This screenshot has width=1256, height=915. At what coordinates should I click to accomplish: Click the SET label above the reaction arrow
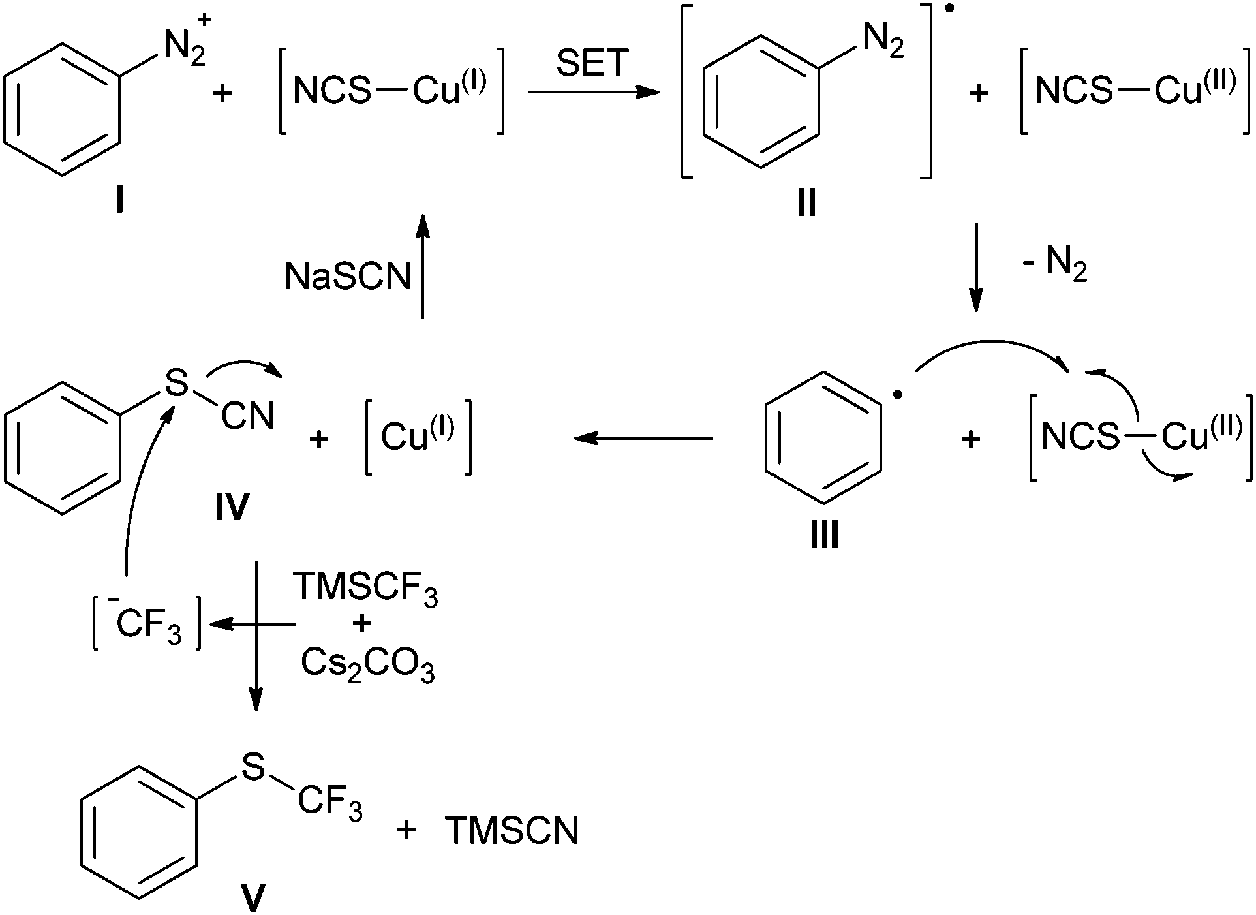tap(592, 63)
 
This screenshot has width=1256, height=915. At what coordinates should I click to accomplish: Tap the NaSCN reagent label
tap(348, 277)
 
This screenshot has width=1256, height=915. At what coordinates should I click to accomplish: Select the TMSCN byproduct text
tap(512, 831)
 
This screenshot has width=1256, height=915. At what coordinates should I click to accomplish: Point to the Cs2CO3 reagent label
tap(367, 666)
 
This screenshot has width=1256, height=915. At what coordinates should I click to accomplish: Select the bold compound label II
tap(806, 204)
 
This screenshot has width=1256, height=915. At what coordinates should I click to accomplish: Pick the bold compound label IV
tap(232, 507)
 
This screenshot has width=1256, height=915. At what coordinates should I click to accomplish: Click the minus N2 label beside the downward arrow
tap(1054, 266)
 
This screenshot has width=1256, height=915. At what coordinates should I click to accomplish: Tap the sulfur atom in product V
tap(253, 768)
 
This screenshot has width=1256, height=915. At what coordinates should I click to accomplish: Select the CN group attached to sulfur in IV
tap(247, 416)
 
